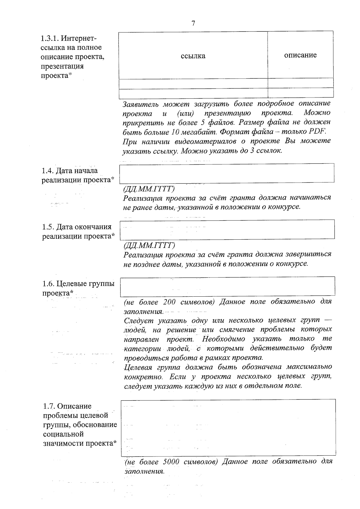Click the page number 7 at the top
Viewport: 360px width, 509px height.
coord(193,23)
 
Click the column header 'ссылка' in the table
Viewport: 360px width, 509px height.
coord(193,56)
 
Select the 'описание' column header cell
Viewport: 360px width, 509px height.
coord(300,55)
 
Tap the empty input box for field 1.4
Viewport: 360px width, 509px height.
coord(227,173)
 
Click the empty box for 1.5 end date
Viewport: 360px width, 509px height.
coord(227,229)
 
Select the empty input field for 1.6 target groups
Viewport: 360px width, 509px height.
coord(227,286)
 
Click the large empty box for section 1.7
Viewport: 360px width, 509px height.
coord(228,427)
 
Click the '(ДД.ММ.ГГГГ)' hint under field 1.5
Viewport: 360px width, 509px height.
coord(149,245)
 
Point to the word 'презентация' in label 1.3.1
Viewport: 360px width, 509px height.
coord(62,66)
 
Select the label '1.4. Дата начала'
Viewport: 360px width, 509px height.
coord(70,171)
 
